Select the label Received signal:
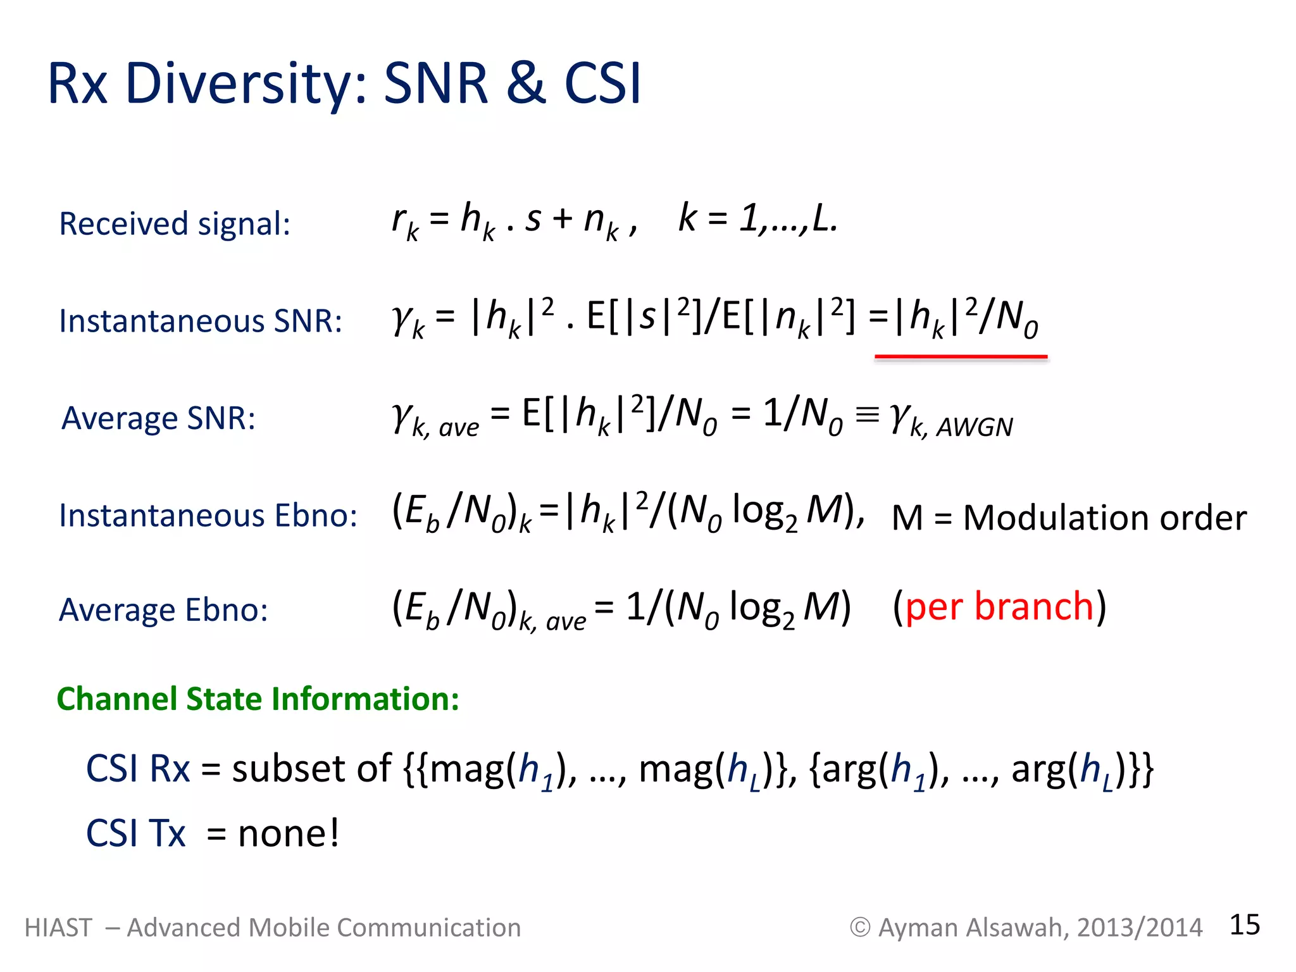(x=175, y=224)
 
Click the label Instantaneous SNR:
(x=201, y=321)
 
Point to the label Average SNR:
(x=159, y=418)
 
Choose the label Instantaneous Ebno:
(x=208, y=515)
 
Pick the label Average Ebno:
(x=163, y=610)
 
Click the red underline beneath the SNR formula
(x=961, y=358)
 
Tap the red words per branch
(x=999, y=606)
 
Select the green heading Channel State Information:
(x=258, y=699)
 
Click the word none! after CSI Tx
(x=289, y=833)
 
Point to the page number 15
(x=1244, y=925)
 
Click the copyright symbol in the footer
(x=859, y=928)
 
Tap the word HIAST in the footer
(x=58, y=928)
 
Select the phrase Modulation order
(x=1104, y=518)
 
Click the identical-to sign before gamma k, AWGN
(x=867, y=415)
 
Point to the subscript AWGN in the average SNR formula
(x=975, y=428)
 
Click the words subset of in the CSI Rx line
(x=311, y=769)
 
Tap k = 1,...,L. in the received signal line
(x=757, y=218)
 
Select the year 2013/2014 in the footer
(x=1139, y=928)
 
